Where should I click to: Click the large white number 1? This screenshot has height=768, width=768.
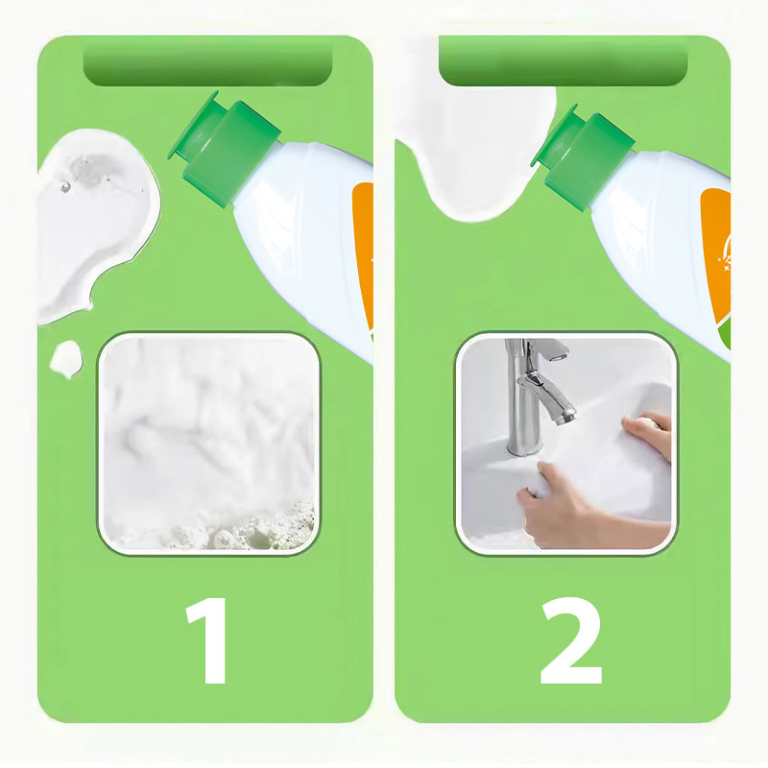(209, 640)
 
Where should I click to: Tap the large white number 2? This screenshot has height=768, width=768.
(571, 640)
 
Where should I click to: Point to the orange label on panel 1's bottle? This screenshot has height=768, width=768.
(364, 254)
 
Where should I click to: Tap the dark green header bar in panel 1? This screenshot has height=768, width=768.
(207, 64)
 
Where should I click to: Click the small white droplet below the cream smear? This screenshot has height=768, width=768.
(65, 358)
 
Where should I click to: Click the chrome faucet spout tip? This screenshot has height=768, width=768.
(564, 418)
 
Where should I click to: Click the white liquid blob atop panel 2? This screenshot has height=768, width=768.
(477, 142)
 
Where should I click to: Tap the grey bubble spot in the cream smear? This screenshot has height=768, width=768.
(90, 168)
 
